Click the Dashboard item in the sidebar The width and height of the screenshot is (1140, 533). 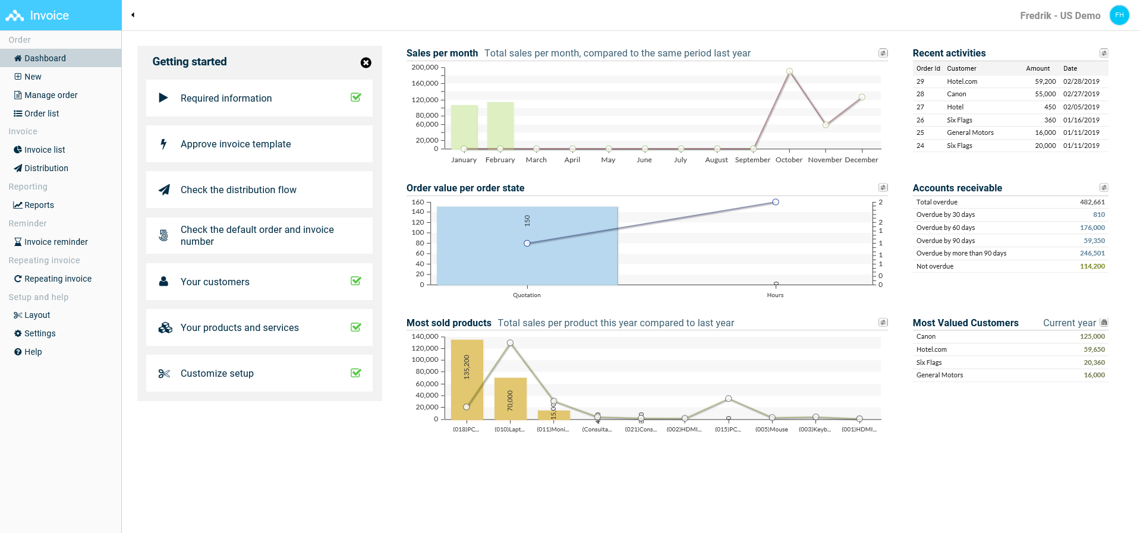point(45,58)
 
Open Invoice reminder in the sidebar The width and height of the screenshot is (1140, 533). point(56,242)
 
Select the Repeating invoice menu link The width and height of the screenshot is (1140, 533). point(58,279)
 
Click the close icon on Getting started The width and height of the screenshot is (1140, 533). point(366,63)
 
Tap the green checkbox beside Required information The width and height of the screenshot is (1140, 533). point(356,97)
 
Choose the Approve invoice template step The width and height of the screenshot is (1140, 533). point(235,144)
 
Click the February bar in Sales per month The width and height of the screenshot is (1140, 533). point(500,125)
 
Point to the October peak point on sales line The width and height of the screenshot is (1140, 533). point(789,71)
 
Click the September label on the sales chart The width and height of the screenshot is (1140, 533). point(752,160)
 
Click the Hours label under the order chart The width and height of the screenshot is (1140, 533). point(775,295)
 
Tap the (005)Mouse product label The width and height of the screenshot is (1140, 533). point(771,430)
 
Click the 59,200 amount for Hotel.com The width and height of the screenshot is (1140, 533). point(1045,81)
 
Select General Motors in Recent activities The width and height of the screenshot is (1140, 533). point(970,133)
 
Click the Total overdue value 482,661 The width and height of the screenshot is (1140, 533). point(1092,202)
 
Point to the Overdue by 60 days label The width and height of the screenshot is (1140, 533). point(945,228)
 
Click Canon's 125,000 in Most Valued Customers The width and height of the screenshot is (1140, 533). point(1092,336)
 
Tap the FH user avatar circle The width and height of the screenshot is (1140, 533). point(1119,15)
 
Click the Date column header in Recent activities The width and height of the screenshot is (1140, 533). point(1070,68)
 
